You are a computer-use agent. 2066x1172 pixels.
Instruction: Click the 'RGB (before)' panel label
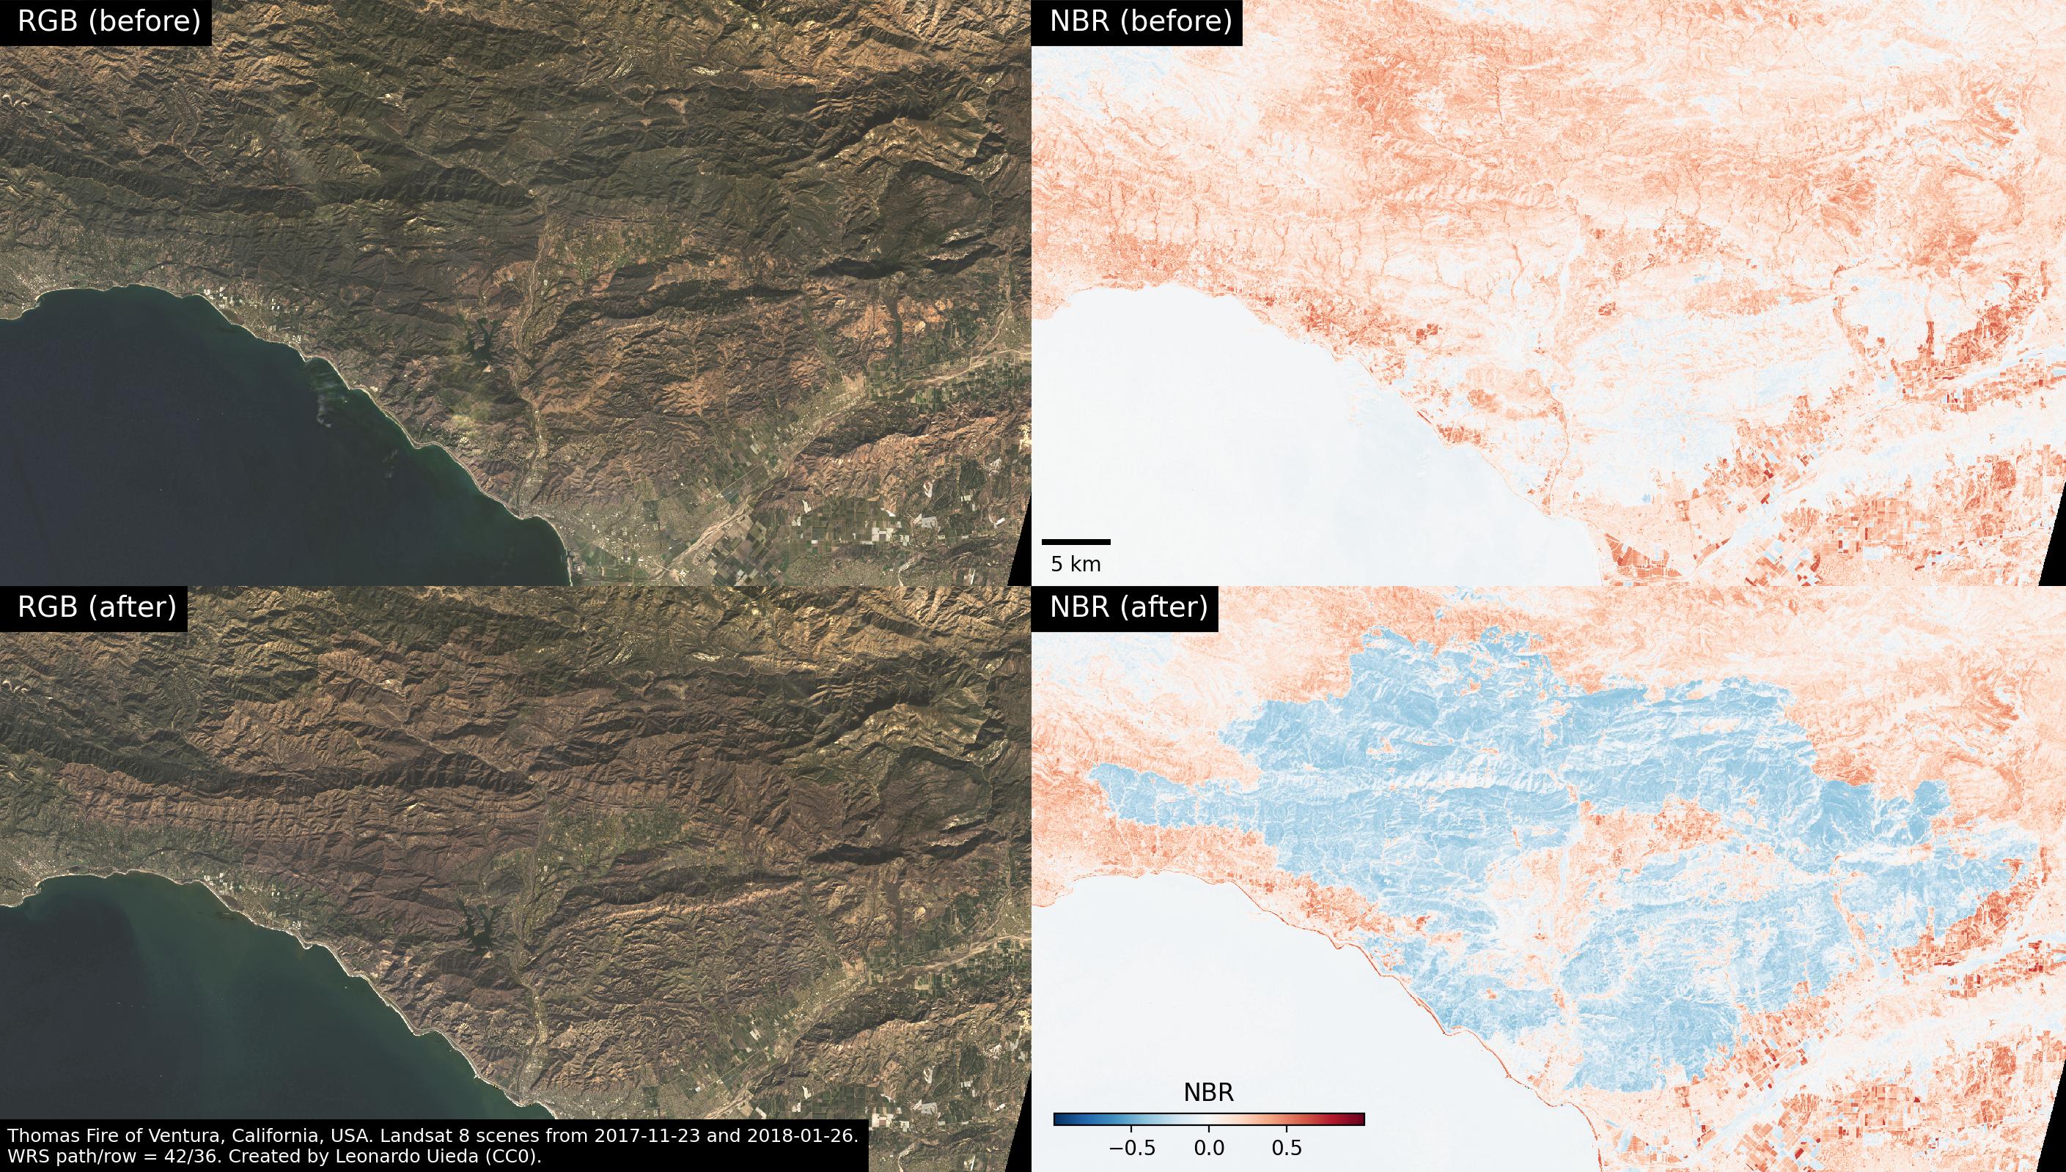[x=109, y=22]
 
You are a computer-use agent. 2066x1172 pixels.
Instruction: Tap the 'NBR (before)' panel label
[x=1141, y=22]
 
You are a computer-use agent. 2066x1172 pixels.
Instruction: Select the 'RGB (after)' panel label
[x=97, y=607]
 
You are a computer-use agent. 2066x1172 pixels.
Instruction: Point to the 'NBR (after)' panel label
[x=1128, y=607]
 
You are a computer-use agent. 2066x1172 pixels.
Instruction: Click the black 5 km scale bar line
[x=1076, y=542]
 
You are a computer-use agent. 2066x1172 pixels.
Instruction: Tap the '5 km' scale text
[x=1076, y=565]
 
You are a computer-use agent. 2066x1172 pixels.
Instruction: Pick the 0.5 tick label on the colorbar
[x=1287, y=1148]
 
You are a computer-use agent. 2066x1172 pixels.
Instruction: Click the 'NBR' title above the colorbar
[x=1208, y=1092]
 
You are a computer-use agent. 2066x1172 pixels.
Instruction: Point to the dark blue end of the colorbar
[x=1059, y=1119]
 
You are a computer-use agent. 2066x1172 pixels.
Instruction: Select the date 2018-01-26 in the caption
[x=802, y=1136]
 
